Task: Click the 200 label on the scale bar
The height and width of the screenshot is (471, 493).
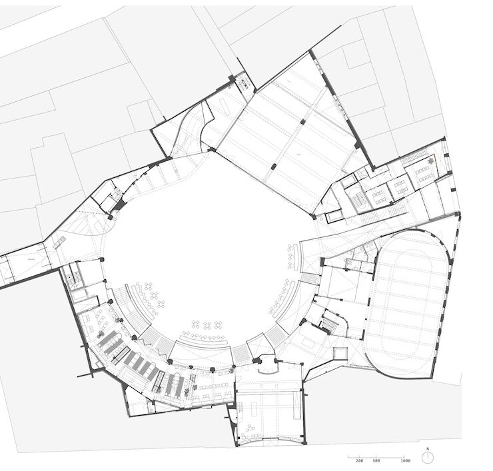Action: [x=359, y=460]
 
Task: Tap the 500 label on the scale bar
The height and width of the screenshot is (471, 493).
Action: [x=376, y=460]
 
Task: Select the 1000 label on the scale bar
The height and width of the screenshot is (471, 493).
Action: [x=406, y=460]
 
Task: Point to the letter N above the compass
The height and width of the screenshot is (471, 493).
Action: [x=428, y=448]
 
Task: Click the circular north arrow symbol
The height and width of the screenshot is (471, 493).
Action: [x=428, y=458]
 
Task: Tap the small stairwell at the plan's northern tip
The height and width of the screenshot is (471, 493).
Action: [x=245, y=83]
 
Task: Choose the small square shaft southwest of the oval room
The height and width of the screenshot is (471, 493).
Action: [x=340, y=353]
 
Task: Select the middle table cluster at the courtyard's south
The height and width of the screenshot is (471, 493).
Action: [x=208, y=325]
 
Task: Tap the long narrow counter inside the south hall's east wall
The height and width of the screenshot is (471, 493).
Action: [x=296, y=406]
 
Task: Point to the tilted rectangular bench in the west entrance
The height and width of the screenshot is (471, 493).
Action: [x=60, y=242]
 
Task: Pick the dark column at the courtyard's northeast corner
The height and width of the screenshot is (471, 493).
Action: [x=313, y=216]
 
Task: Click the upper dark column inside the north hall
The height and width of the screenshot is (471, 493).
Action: [x=302, y=121]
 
